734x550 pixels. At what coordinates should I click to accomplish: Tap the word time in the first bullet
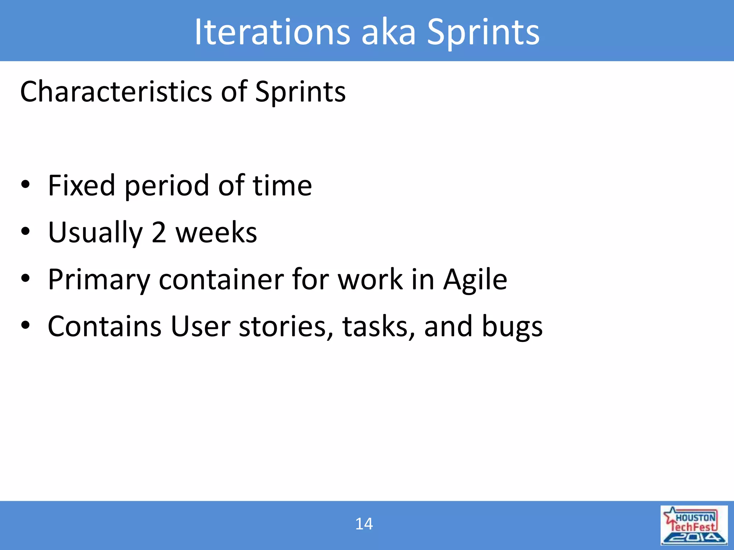coord(282,185)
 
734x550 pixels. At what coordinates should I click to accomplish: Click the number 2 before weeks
coord(159,233)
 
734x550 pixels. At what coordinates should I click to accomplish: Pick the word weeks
coord(216,233)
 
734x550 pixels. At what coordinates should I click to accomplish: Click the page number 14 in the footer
coord(364,524)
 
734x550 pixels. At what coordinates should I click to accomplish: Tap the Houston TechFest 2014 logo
coord(694,525)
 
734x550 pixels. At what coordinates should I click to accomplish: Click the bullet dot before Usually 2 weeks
coord(25,231)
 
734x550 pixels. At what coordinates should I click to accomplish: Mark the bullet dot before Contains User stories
coord(25,325)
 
